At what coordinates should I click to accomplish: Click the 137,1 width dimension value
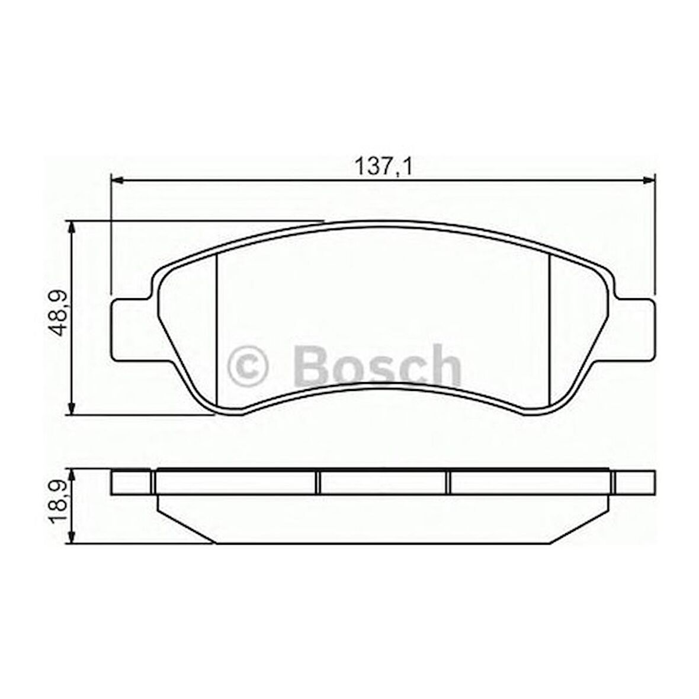383,168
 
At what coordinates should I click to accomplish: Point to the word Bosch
376,366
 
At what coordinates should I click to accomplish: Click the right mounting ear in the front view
635,329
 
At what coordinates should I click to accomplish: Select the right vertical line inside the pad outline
550,329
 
